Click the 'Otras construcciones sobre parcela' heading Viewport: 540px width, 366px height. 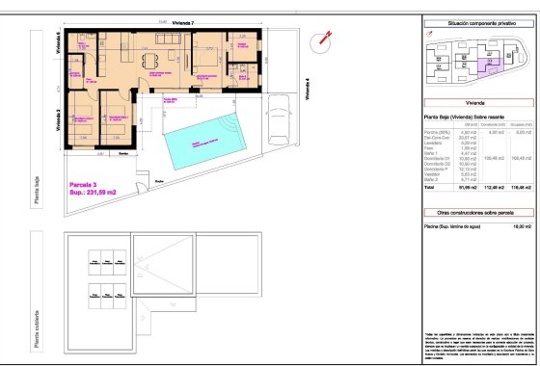coord(466,210)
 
